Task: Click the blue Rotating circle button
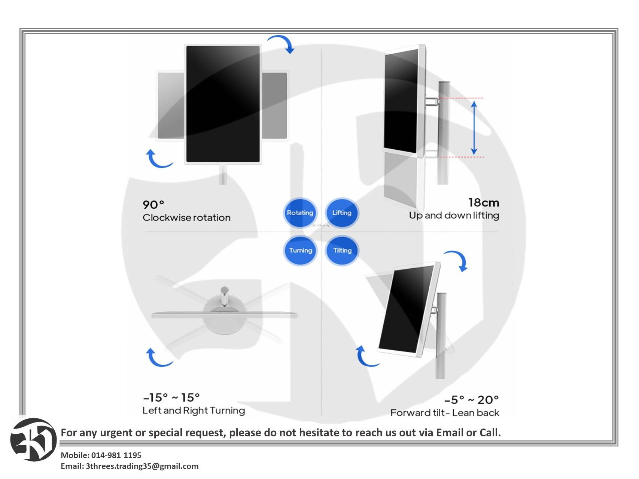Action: click(x=300, y=213)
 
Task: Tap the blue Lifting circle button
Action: click(x=342, y=213)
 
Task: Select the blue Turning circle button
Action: click(x=300, y=250)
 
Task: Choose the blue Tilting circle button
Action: click(x=342, y=250)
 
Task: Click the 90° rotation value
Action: click(x=153, y=205)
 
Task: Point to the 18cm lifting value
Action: click(x=484, y=202)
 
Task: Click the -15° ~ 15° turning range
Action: click(x=171, y=397)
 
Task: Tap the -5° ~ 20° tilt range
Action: click(x=472, y=400)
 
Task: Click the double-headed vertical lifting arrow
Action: click(x=474, y=128)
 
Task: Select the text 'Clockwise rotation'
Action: click(x=186, y=218)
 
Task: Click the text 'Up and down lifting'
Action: click(x=454, y=216)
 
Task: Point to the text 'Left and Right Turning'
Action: click(x=194, y=411)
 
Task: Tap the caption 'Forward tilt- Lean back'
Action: click(x=445, y=413)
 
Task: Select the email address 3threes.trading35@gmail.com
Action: click(x=142, y=466)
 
